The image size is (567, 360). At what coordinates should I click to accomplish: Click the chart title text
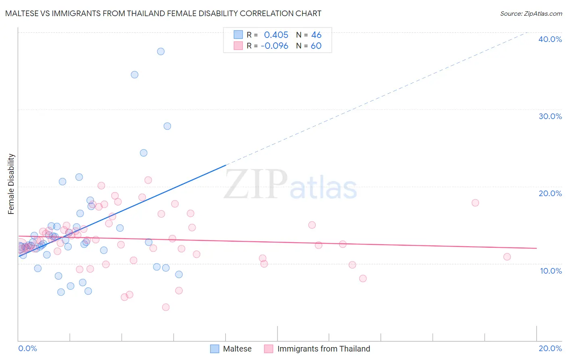coord(163,13)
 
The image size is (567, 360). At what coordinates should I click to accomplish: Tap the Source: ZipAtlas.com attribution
coord(531,13)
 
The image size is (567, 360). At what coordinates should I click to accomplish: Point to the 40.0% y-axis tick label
coord(550,39)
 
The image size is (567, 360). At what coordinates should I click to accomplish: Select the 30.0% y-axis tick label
coord(550,116)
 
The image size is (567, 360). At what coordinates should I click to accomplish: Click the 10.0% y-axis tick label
coord(551,271)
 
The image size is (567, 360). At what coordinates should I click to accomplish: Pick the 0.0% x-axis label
coord(27,348)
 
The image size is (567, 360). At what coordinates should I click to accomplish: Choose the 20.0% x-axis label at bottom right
coord(550,348)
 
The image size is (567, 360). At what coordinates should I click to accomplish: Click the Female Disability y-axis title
coord(11,184)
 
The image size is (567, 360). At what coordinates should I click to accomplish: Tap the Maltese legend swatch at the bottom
coord(215,349)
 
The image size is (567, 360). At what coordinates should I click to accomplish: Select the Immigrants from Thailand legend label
coord(323,349)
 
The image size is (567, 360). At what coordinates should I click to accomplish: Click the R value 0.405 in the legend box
coord(276,35)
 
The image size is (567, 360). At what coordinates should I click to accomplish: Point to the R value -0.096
coord(274,46)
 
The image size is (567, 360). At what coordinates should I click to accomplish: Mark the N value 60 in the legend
coord(316,46)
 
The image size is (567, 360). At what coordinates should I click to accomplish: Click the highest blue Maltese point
coord(161,51)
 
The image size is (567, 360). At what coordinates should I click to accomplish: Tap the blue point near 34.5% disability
coord(135,75)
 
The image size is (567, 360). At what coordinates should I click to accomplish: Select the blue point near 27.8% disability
coord(167,126)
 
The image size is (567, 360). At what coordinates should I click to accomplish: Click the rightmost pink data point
coord(507,257)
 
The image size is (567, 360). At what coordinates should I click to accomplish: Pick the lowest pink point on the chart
coord(166,307)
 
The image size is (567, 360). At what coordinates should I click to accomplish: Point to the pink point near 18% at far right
coord(475,203)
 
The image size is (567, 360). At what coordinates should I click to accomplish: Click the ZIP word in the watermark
coord(256,184)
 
